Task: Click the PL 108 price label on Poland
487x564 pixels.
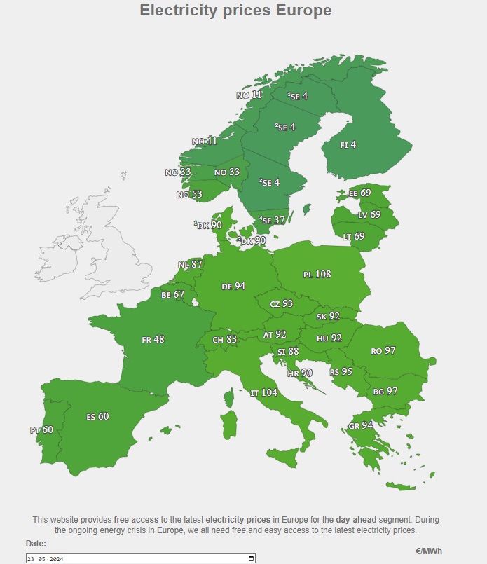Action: [x=317, y=275]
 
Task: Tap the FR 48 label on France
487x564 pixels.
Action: [x=153, y=340]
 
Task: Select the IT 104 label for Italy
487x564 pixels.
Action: [x=263, y=393]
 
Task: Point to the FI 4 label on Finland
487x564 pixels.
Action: [x=348, y=145]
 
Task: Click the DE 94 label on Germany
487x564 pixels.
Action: [x=233, y=287]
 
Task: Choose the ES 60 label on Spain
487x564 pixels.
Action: [x=97, y=417]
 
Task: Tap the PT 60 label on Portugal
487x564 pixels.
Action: [x=41, y=430]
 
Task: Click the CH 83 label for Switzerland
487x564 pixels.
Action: [x=224, y=340]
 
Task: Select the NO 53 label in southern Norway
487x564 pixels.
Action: [x=189, y=195]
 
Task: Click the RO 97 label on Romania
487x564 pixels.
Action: [x=383, y=350]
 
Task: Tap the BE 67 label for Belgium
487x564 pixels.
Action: [x=172, y=295]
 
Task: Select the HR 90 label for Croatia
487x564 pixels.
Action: [x=301, y=373]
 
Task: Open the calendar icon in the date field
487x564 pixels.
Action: [x=251, y=558]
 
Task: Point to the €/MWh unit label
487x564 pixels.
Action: [x=428, y=551]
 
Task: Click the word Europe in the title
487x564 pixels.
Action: [x=294, y=11]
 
